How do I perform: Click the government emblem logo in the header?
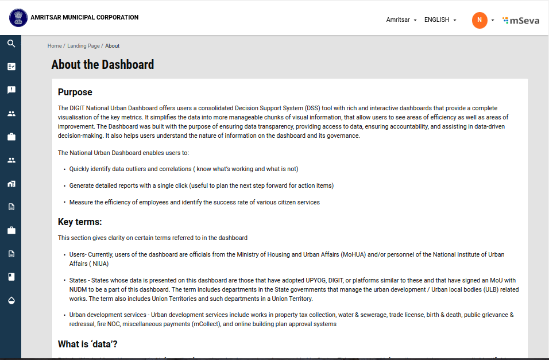pos(18,18)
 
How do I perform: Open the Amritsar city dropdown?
pos(401,20)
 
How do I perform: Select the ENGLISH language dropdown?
pos(440,20)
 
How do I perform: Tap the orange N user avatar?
pos(480,20)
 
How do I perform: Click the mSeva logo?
pos(521,20)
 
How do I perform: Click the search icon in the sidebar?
pos(11,43)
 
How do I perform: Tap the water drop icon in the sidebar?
pos(11,300)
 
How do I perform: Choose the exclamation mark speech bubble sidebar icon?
pos(11,90)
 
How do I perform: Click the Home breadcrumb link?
pos(55,46)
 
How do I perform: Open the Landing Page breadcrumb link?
pos(83,46)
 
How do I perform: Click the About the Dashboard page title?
pos(103,65)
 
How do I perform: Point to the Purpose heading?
pos(75,92)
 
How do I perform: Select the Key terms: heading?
pos(80,222)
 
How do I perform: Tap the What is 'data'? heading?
pos(88,344)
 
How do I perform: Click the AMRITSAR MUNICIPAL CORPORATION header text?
pos(84,17)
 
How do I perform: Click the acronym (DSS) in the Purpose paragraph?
pos(312,108)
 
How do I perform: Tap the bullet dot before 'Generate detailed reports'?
pos(64,186)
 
